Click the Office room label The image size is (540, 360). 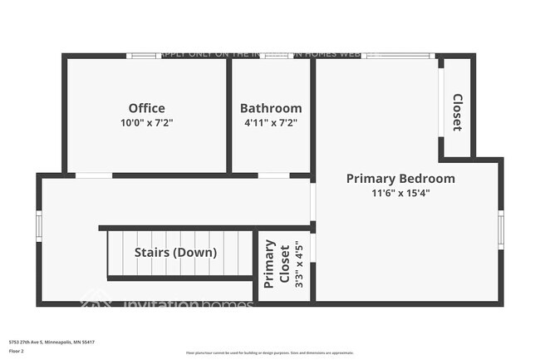146,108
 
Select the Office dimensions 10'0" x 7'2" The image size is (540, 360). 146,122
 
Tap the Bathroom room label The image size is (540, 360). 271,108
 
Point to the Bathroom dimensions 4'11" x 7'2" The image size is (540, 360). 271,122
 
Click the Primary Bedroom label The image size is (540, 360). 400,178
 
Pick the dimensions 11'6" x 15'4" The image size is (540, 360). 400,193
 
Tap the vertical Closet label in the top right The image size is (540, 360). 457,112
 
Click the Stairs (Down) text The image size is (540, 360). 175,252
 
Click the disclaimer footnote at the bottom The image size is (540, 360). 269,353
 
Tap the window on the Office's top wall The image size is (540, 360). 142,56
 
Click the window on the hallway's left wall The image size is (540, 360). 38,225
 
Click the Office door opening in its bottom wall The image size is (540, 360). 93,175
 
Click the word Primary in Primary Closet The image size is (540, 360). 269,264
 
